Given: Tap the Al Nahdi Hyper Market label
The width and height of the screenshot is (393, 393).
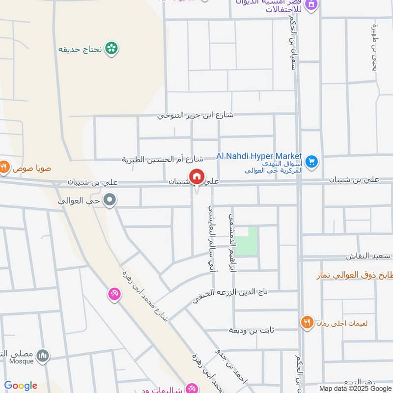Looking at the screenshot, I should click(x=259, y=156).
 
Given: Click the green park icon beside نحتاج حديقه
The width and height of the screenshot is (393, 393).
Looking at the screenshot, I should click(x=112, y=48).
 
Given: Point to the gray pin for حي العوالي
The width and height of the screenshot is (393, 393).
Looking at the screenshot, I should click(x=111, y=200).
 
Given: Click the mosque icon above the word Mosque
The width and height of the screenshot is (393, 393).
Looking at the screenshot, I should click(x=43, y=355).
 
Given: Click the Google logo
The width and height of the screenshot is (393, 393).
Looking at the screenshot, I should click(x=21, y=386).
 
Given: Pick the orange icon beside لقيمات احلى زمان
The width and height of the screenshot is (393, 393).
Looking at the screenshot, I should click(x=307, y=323).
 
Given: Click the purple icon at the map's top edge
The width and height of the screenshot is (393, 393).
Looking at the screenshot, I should click(x=310, y=5).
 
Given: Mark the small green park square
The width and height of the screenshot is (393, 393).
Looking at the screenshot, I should click(x=246, y=241).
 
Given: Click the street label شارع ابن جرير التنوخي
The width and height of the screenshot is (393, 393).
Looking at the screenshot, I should click(x=196, y=115).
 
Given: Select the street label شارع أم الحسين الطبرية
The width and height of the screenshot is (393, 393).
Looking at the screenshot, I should click(x=163, y=159).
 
